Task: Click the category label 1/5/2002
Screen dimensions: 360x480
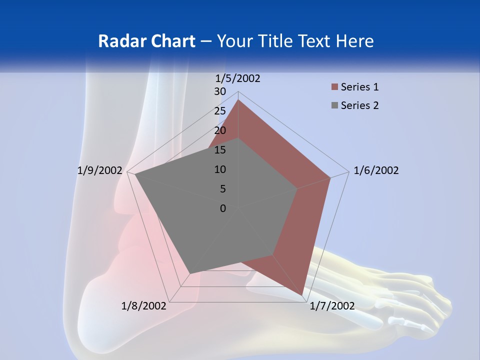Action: tap(238, 78)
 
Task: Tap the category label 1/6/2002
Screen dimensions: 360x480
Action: tap(376, 170)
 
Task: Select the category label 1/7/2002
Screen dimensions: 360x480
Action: tap(332, 305)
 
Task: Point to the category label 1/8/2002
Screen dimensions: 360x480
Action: tap(144, 305)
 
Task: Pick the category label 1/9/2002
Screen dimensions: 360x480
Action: tap(100, 170)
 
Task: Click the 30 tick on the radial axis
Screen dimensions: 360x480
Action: tap(220, 91)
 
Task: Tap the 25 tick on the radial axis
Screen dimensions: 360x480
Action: tap(220, 111)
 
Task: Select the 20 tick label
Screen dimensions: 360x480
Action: tap(220, 130)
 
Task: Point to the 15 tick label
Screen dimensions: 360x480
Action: tap(220, 150)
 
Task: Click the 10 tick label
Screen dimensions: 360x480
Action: tap(220, 169)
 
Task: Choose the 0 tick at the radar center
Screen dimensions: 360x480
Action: tap(223, 208)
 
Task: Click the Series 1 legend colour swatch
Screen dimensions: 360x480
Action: tap(334, 87)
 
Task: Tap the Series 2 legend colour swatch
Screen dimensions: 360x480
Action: tap(334, 105)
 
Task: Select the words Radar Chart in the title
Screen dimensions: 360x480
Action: tap(146, 41)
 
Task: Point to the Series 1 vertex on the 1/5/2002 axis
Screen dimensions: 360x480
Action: tap(238, 100)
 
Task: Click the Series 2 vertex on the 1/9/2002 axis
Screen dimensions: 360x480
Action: tap(135, 175)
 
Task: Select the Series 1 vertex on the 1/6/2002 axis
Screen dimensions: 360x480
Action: tap(330, 177)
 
